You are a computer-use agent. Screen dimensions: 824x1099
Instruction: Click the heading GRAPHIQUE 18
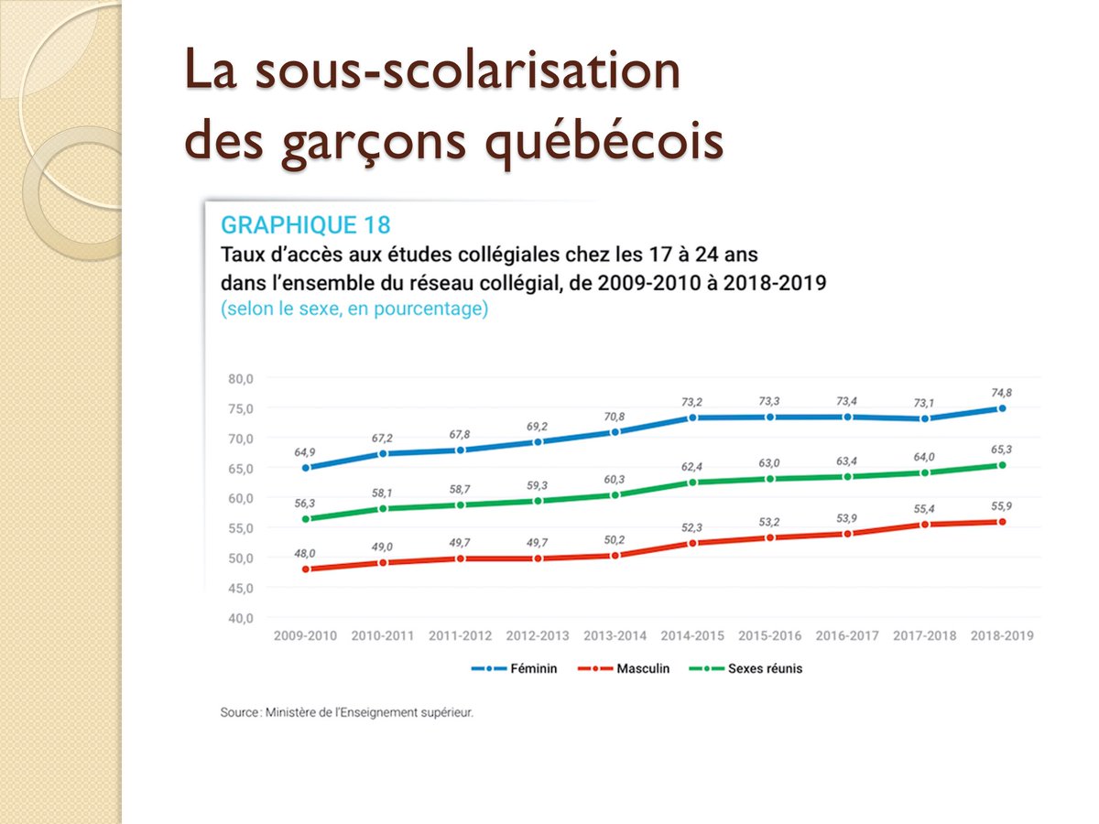[305, 225]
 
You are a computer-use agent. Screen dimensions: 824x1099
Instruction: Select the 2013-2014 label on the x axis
[615, 635]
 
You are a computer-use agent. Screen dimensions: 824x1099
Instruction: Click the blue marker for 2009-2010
[306, 468]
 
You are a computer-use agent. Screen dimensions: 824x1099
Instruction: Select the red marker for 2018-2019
[1002, 522]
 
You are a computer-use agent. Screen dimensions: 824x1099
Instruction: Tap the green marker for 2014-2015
[692, 482]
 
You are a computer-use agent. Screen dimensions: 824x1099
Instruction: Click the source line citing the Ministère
[347, 711]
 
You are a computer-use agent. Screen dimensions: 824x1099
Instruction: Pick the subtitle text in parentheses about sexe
[354, 309]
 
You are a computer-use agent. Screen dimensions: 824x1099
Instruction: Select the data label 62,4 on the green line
[692, 467]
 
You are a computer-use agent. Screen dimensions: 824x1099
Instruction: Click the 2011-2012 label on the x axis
[461, 635]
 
